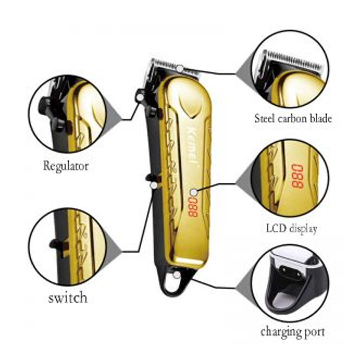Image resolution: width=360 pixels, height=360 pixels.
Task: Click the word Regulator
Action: point(66,166)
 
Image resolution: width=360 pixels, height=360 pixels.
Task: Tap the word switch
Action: point(68,298)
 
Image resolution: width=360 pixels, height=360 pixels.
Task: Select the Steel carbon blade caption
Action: point(293,119)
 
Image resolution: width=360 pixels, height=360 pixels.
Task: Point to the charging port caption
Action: point(293,332)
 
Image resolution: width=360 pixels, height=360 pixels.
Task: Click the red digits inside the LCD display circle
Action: point(298,176)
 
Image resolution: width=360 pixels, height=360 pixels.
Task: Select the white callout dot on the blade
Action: point(180,68)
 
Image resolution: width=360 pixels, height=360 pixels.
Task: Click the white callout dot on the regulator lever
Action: point(140,97)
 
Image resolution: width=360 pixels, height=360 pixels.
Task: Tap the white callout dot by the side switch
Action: point(154,185)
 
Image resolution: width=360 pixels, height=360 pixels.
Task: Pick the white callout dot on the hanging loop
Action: point(177,275)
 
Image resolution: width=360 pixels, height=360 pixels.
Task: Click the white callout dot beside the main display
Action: point(194,192)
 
